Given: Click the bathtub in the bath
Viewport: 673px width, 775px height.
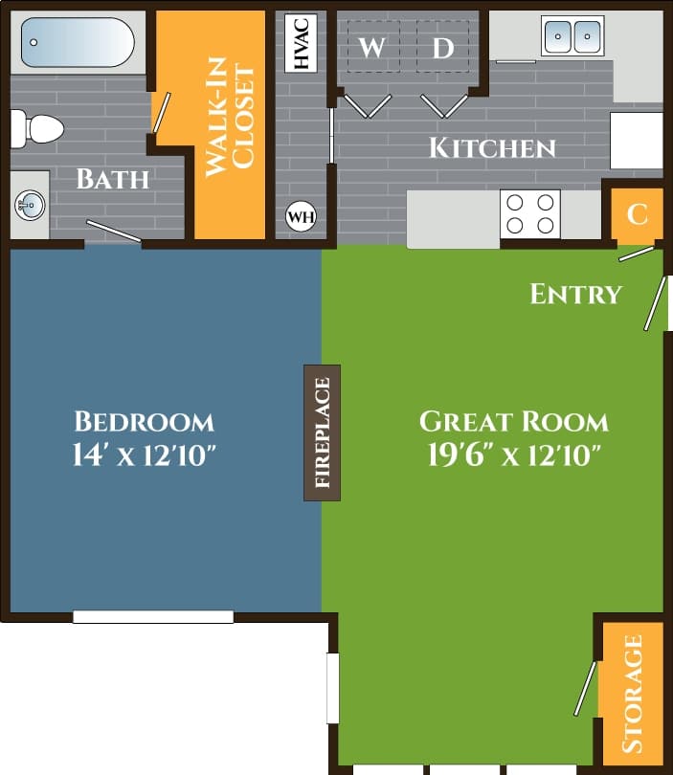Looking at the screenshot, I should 78,42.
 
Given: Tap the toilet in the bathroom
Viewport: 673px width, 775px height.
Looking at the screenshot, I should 35,127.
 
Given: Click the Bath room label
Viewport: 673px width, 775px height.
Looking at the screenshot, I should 113,179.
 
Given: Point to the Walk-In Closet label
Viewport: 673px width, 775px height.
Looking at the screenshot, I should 230,121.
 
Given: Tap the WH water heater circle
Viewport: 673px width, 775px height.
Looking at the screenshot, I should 301,217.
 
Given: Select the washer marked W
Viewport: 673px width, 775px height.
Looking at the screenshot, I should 372,48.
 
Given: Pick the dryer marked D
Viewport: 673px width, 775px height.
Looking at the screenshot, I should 442,48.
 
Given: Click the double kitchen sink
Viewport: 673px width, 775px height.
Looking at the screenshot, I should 572,36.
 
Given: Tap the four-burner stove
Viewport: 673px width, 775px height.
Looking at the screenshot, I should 531,213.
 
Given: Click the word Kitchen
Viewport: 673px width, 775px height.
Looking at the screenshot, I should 492,148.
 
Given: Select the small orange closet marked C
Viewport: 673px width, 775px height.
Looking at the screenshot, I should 637,213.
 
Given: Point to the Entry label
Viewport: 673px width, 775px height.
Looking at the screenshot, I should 575,294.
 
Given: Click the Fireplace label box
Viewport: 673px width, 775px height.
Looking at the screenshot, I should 322,432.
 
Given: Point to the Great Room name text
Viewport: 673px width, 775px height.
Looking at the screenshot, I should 514,422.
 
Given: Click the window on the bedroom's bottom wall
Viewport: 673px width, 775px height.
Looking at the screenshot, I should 153,617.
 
